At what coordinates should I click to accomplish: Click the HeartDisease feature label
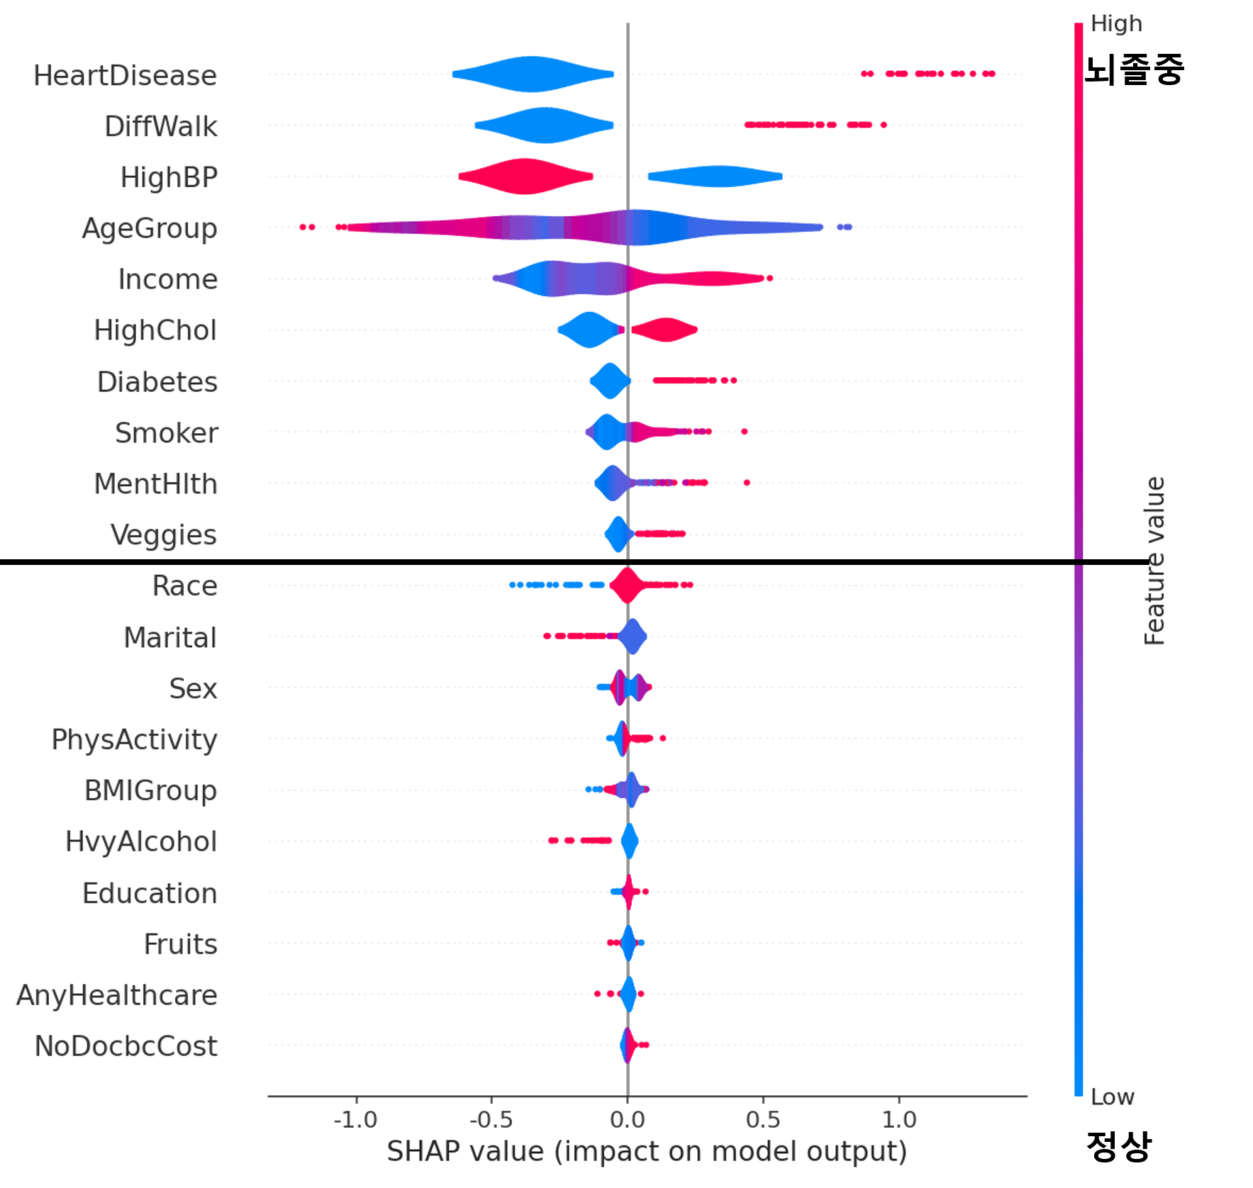pyautogui.click(x=126, y=76)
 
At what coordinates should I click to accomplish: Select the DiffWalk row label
pyautogui.click(x=161, y=127)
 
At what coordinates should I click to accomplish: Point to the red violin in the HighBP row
pyautogui.click(x=525, y=176)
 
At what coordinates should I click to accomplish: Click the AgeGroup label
pyautogui.click(x=150, y=229)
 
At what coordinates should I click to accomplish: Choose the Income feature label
pyautogui.click(x=168, y=280)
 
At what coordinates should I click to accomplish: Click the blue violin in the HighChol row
pyautogui.click(x=588, y=330)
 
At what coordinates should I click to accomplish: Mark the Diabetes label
pyautogui.click(x=157, y=382)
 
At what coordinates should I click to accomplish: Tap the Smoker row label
pyautogui.click(x=167, y=433)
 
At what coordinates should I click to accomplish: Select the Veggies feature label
pyautogui.click(x=164, y=535)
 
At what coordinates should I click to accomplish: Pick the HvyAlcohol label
pyautogui.click(x=141, y=842)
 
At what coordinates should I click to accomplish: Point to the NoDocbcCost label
pyautogui.click(x=126, y=1046)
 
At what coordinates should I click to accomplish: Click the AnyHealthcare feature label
pyautogui.click(x=117, y=995)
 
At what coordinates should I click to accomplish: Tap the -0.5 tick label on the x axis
pyautogui.click(x=491, y=1119)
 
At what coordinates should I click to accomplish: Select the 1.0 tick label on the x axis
pyautogui.click(x=899, y=1119)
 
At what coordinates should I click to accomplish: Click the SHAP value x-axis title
pyautogui.click(x=647, y=1151)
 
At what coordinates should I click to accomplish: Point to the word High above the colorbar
pyautogui.click(x=1116, y=23)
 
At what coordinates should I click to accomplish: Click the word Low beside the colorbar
pyautogui.click(x=1112, y=1097)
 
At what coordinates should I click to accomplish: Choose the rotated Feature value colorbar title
pyautogui.click(x=1154, y=560)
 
